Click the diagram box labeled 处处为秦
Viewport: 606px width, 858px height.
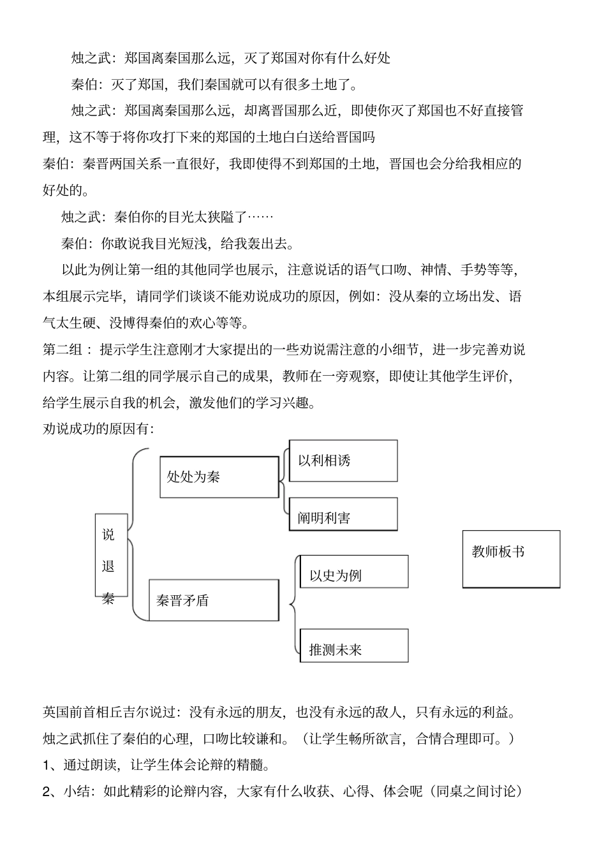(x=219, y=477)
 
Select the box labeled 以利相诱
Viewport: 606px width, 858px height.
(x=343, y=461)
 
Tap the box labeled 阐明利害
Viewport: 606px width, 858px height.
(x=343, y=514)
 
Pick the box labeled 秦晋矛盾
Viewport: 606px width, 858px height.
(x=214, y=600)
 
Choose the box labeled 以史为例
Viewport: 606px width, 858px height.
(x=354, y=572)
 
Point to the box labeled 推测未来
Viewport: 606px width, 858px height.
(x=354, y=646)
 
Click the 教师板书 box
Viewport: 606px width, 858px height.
(x=511, y=559)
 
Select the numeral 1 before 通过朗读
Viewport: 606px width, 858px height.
(x=47, y=765)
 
